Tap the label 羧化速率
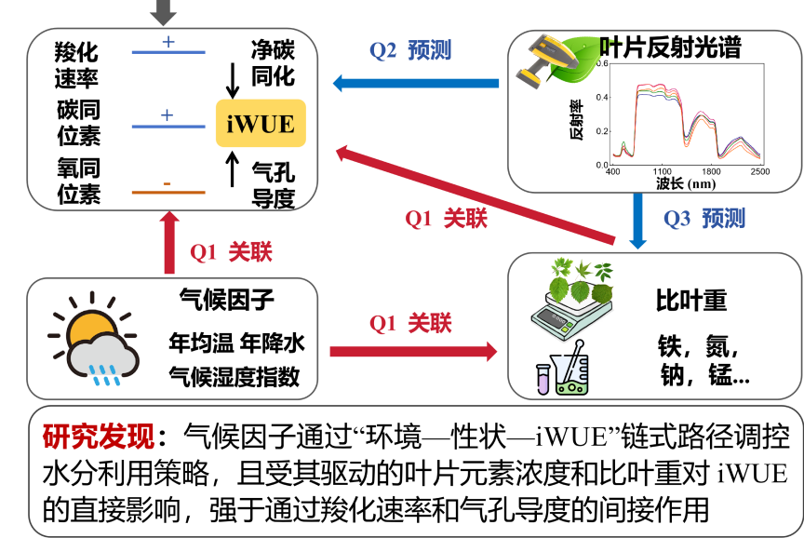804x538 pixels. coord(76,64)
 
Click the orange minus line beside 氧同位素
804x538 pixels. coord(167,192)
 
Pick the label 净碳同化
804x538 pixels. coord(273,62)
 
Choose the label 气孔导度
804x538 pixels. coord(273,183)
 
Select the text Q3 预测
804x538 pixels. coord(704,219)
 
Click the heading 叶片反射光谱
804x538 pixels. coord(676,46)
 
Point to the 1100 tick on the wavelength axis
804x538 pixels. coord(662,172)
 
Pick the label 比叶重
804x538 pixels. coord(691,301)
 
